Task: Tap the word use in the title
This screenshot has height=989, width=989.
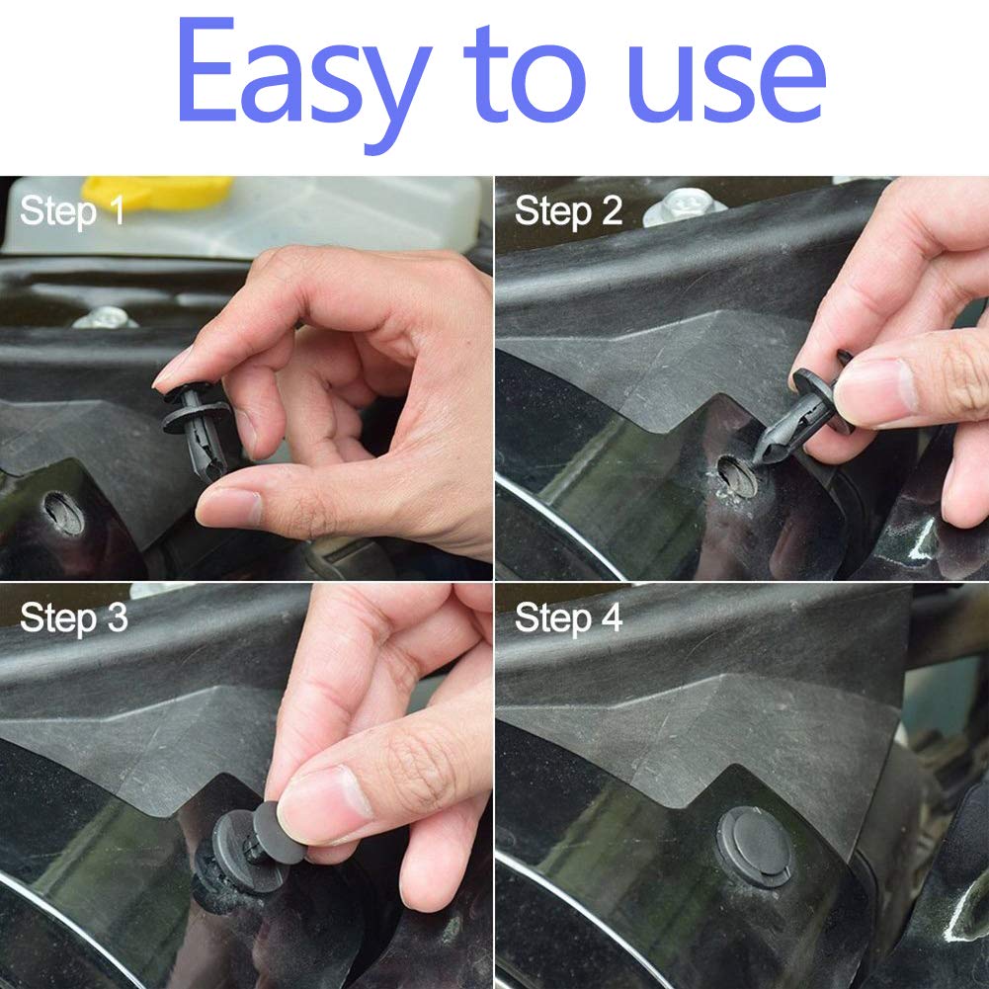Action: pyautogui.click(x=727, y=81)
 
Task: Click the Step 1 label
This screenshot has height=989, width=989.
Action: pyautogui.click(x=72, y=211)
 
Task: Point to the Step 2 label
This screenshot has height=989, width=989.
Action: pyautogui.click(x=569, y=211)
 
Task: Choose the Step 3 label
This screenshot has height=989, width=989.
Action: pyautogui.click(x=74, y=618)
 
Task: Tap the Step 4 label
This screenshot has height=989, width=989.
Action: pyautogui.click(x=569, y=618)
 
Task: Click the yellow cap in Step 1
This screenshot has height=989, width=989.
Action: pyautogui.click(x=158, y=193)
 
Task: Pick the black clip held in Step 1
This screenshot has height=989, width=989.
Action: pyautogui.click(x=197, y=430)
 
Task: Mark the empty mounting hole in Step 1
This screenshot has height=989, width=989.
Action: pyautogui.click(x=63, y=513)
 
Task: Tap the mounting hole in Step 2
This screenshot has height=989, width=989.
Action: pyautogui.click(x=736, y=475)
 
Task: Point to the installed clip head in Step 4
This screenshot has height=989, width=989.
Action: pyautogui.click(x=755, y=846)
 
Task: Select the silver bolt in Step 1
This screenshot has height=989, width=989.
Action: pyautogui.click(x=105, y=318)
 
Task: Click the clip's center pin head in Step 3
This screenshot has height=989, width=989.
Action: pyautogui.click(x=278, y=833)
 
